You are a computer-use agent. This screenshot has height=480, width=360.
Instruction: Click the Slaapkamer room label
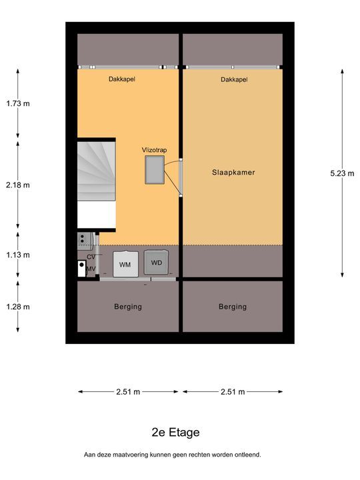(x=233, y=173)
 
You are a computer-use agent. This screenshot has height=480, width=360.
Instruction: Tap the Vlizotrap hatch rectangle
(x=155, y=170)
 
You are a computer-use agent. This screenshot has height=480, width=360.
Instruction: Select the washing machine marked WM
(x=125, y=264)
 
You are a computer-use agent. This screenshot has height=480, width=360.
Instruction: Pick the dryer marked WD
(x=156, y=263)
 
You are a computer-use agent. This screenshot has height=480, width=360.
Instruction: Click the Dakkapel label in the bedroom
(x=234, y=79)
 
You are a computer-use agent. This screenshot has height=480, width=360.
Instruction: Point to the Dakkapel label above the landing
(x=122, y=79)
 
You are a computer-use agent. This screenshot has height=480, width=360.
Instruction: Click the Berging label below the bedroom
(x=233, y=307)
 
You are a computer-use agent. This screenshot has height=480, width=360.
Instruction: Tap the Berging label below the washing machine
(x=128, y=307)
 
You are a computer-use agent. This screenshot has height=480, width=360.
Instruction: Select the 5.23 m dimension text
(x=342, y=173)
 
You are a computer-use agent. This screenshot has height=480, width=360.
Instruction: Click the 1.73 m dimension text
(x=18, y=103)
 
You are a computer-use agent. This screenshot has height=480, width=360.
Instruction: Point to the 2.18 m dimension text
(x=18, y=185)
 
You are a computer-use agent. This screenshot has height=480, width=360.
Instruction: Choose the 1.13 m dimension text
(x=18, y=255)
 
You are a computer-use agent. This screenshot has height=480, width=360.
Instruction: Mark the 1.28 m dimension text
(x=18, y=307)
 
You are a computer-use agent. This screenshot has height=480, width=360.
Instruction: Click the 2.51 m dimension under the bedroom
(x=233, y=391)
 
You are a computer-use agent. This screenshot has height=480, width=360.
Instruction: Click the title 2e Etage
(x=176, y=432)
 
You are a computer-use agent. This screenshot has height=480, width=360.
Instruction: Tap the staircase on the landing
(x=97, y=171)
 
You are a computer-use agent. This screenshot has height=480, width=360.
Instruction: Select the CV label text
(x=91, y=257)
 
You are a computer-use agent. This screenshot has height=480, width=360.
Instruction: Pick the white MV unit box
(x=82, y=269)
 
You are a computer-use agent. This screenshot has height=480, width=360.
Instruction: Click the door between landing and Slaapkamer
(x=181, y=177)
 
